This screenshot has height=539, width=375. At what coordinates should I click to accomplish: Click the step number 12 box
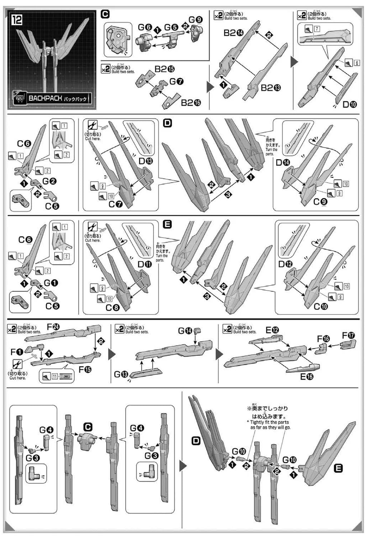point(17,19)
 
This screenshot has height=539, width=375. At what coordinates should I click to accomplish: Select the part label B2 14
point(233,33)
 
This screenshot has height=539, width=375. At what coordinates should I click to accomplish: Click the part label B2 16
point(191,103)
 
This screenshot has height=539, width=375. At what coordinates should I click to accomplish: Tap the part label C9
point(320,202)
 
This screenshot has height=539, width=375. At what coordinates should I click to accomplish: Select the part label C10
point(320,307)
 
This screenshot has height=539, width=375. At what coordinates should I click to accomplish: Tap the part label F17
point(348,335)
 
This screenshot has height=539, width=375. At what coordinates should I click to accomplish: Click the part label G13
point(121,374)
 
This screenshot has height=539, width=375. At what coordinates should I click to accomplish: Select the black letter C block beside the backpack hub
point(88,427)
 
